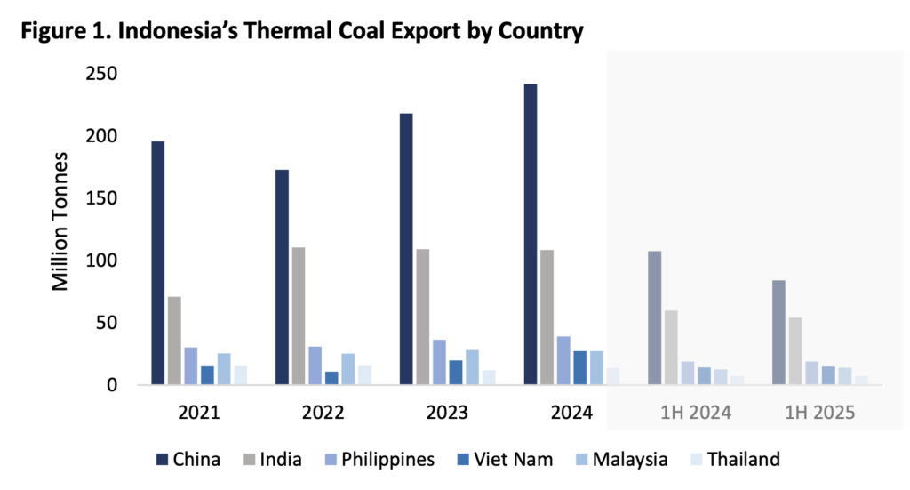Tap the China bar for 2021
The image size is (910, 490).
[157, 263]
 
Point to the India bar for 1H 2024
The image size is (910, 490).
[671, 348]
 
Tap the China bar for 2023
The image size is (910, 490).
[406, 250]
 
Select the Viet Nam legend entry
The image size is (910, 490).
[502, 460]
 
